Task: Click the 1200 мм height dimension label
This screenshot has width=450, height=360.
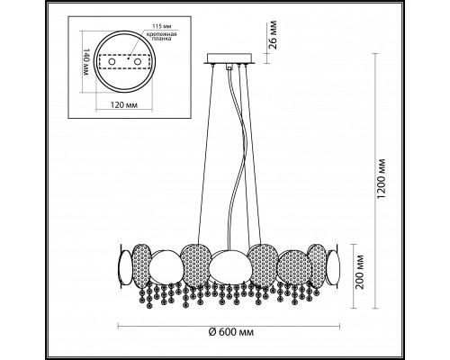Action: tap(382, 178)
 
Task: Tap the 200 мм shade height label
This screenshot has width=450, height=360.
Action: tap(360, 272)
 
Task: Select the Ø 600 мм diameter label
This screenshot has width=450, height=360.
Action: tap(231, 332)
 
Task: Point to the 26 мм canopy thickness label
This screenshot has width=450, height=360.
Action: tap(272, 34)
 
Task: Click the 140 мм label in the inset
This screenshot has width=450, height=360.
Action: tap(85, 61)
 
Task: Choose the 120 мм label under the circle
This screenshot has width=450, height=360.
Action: tap(124, 105)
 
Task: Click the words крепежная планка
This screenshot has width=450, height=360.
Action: tap(161, 36)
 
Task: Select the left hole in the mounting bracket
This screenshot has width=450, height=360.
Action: tap(112, 62)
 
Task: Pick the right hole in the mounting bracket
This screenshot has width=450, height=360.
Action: tap(138, 62)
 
